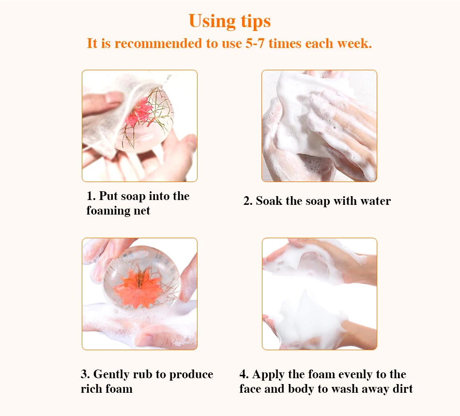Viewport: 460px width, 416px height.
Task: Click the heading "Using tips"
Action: point(230,21)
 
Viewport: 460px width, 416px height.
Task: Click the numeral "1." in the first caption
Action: point(91,196)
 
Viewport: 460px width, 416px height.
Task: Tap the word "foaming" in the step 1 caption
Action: point(108,211)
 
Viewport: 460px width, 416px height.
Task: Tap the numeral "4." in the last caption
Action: point(244,374)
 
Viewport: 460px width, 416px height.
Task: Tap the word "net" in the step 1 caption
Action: point(142,211)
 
